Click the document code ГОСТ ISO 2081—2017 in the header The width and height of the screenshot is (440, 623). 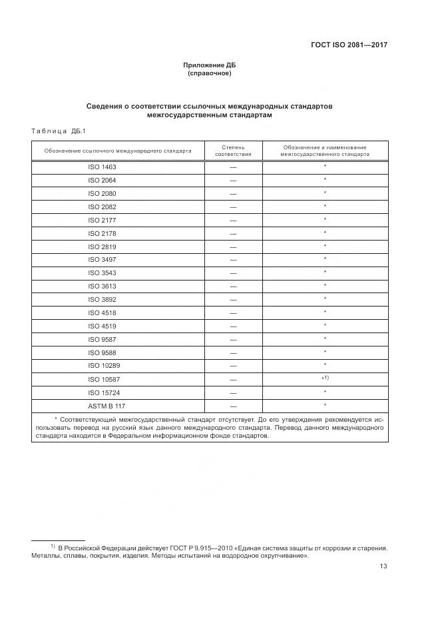click(x=349, y=46)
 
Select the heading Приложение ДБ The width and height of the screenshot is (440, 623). click(x=210, y=65)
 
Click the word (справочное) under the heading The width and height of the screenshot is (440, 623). click(x=210, y=73)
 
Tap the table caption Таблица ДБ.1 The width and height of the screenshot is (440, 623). click(x=55, y=130)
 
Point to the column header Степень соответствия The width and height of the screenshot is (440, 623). click(x=233, y=150)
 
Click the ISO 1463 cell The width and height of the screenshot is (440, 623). click(x=102, y=167)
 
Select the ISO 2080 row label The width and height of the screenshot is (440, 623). click(x=102, y=194)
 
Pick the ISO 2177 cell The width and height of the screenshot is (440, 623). click(x=102, y=220)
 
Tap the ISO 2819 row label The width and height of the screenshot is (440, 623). click(x=102, y=247)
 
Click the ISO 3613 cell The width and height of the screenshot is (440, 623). click(x=102, y=286)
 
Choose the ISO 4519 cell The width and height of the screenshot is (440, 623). click(x=102, y=326)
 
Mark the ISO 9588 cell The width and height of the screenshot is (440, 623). click(x=102, y=352)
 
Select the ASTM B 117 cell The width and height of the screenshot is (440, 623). click(x=102, y=406)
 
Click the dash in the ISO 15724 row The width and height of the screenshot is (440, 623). click(x=233, y=392)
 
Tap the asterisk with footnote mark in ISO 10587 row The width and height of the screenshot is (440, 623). click(x=326, y=378)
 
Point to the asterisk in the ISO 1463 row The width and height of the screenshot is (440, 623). click(x=325, y=167)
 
